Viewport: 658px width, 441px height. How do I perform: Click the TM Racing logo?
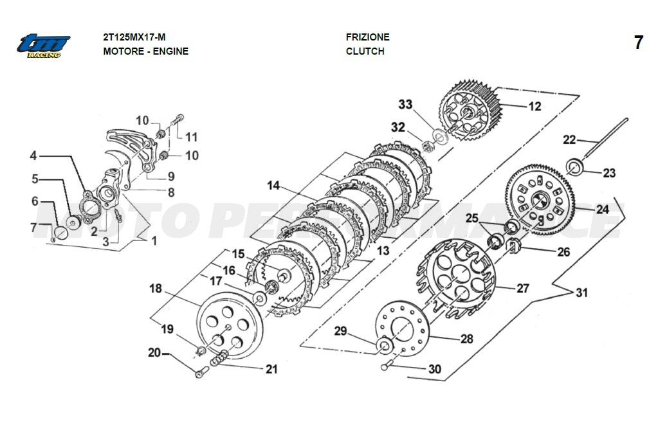click(43, 45)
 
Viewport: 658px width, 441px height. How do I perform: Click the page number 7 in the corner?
click(638, 43)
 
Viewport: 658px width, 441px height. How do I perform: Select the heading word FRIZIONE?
click(367, 37)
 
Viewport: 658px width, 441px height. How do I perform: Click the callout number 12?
click(535, 107)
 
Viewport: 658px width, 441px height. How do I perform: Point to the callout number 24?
click(602, 210)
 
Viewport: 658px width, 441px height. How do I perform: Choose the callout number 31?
click(581, 292)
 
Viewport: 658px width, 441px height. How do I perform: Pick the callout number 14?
click(274, 186)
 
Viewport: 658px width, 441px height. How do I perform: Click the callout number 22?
click(569, 139)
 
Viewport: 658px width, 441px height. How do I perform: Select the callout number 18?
click(156, 288)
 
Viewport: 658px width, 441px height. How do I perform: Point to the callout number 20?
click(154, 352)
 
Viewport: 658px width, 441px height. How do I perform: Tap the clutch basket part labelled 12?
click(470, 109)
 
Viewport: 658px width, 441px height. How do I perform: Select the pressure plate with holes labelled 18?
click(228, 325)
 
